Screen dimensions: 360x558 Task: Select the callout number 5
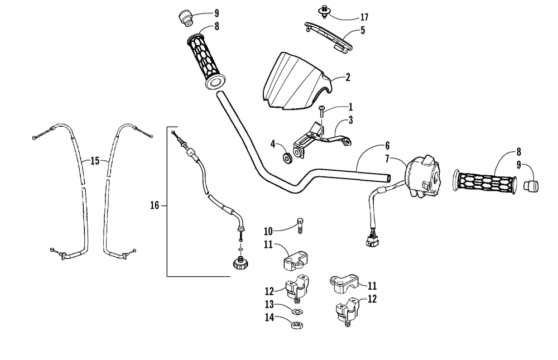pyautogui.click(x=362, y=31)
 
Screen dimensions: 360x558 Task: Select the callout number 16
pyautogui.click(x=156, y=205)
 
